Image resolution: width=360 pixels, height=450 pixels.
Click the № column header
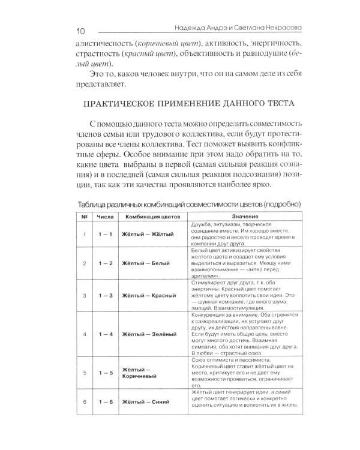point(85,215)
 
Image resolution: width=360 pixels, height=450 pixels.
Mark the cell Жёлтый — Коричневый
point(142,376)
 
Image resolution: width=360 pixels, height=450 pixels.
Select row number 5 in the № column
point(85,373)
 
